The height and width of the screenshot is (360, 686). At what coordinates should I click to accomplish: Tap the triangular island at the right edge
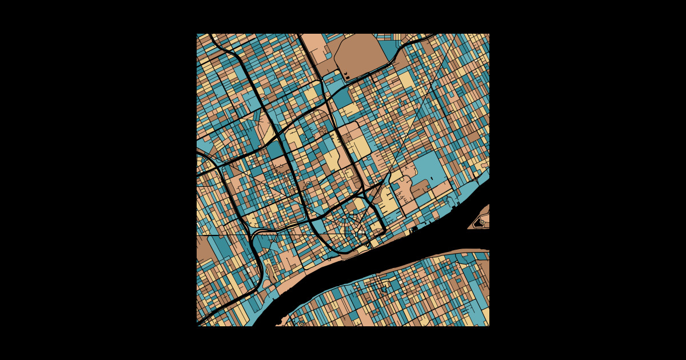[480, 219]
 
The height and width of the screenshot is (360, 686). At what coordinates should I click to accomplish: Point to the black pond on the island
[478, 223]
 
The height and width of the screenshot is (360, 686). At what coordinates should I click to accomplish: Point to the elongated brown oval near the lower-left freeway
[266, 273]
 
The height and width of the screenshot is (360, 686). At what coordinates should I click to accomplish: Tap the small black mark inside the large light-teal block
[432, 178]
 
